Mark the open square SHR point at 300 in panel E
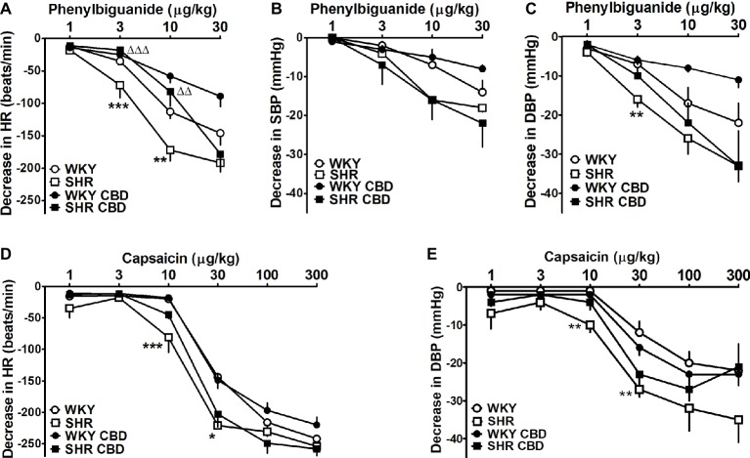[x=734, y=420]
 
